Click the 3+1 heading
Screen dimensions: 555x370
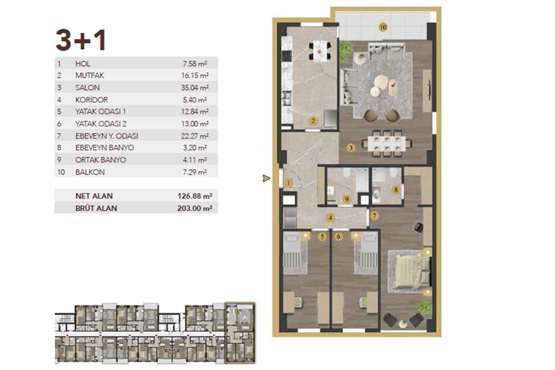[81, 40]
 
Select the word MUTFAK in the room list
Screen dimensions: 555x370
[90, 75]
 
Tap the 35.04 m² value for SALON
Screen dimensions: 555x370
[195, 87]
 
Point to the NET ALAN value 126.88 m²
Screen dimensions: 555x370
[195, 196]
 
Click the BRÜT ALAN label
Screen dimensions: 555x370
[96, 208]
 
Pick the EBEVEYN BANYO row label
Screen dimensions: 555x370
[105, 148]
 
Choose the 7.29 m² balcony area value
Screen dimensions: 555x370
[195, 172]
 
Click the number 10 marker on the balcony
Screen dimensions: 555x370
[383, 27]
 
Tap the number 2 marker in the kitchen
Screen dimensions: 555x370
[313, 121]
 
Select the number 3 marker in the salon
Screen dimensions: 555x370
[351, 148]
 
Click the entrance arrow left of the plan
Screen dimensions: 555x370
[266, 178]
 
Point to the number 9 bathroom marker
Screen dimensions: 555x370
[347, 199]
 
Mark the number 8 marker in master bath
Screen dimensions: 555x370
[396, 190]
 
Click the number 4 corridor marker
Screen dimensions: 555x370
[330, 218]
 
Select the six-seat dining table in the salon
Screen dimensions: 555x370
[387, 144]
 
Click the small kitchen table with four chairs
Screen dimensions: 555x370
[320, 51]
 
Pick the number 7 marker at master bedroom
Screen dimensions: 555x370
[374, 216]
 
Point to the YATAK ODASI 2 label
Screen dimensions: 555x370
[101, 124]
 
